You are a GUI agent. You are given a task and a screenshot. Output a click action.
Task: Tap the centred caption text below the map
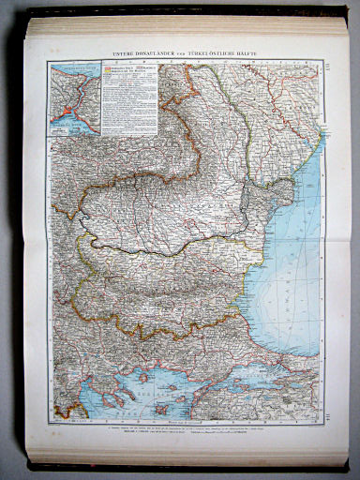point(187,429)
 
